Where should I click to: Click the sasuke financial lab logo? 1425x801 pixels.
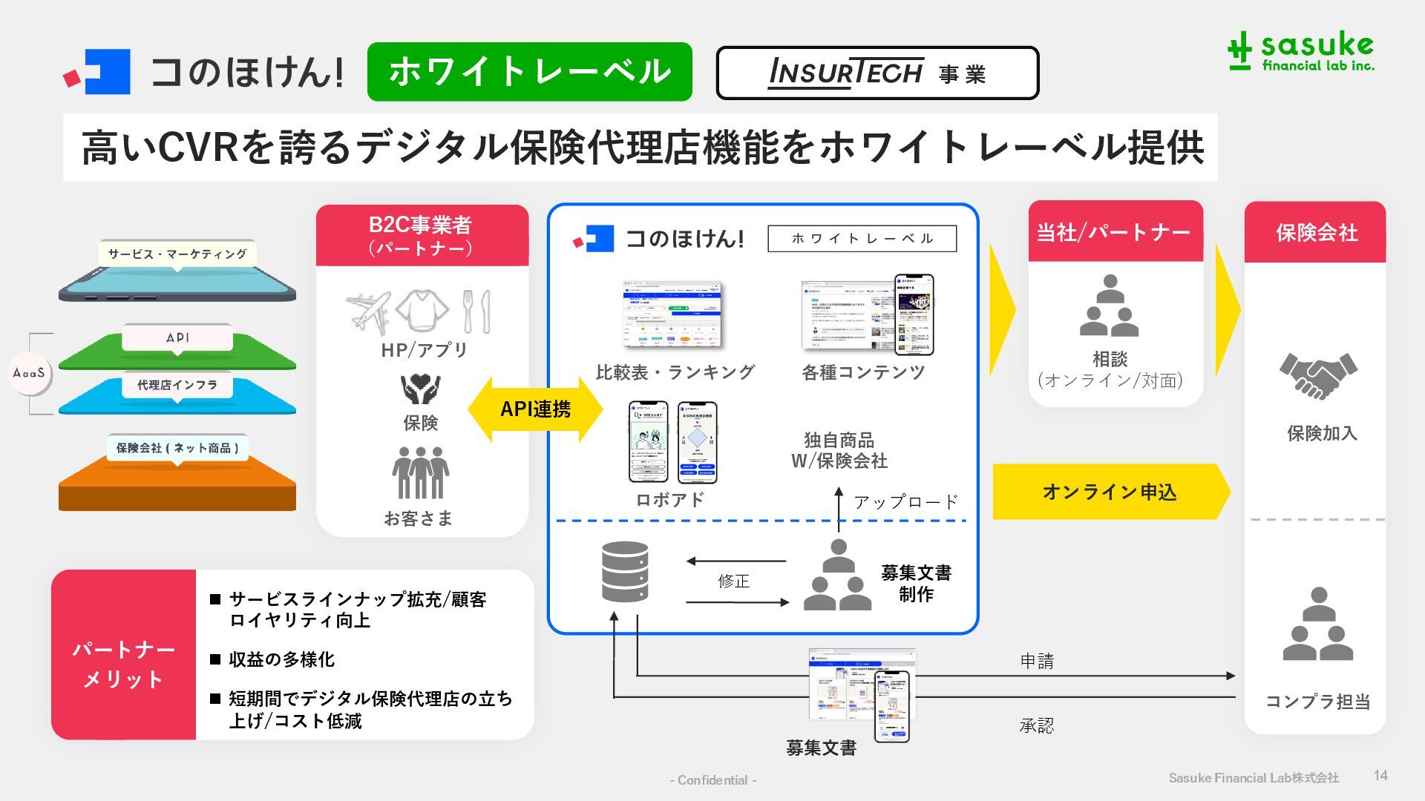coord(1300,52)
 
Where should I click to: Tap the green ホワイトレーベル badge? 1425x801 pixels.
coord(529,72)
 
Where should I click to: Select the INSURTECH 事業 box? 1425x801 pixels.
coord(877,73)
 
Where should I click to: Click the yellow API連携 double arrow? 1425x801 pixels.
coord(535,409)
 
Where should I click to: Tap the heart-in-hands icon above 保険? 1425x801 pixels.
coord(420,388)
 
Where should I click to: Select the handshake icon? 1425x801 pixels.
coord(1317,375)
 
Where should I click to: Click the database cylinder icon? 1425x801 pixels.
coord(625,572)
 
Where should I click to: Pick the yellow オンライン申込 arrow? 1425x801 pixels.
coord(1110,492)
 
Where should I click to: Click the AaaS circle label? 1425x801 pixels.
coord(29,373)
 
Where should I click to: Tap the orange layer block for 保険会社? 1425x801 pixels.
coord(177,486)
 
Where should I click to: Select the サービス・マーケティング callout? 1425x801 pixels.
coord(177,254)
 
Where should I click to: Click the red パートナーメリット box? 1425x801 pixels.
coord(123,655)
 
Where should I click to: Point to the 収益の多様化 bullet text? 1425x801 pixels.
coord(281,659)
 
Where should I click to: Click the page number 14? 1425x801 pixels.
coord(1380,775)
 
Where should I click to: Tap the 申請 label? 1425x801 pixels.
coord(1037,661)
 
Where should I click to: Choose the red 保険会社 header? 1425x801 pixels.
coord(1315,233)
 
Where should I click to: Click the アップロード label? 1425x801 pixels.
coord(905,502)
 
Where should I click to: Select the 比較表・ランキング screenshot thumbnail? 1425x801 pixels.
coord(673,314)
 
